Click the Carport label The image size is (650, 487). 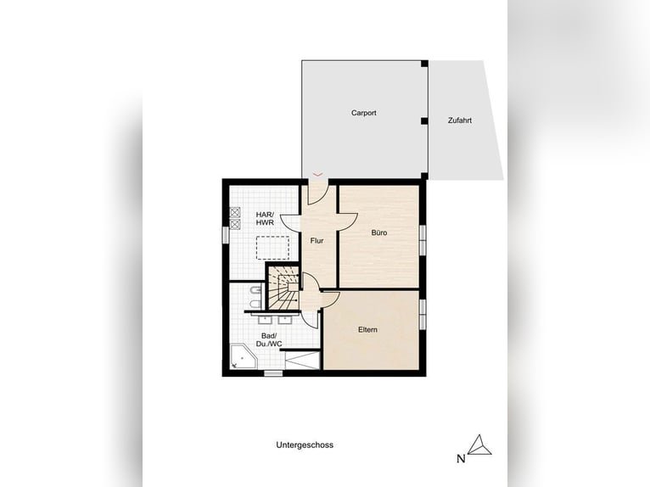pyautogui.click(x=363, y=113)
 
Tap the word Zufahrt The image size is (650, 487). pyautogui.click(x=459, y=120)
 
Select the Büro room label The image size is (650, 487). pyautogui.click(x=379, y=232)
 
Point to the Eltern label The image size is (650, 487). pyautogui.click(x=367, y=329)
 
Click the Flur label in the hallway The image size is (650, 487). pyautogui.click(x=317, y=241)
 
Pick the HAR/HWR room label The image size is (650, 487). pyautogui.click(x=266, y=219)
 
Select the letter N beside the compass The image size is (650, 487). pyautogui.click(x=461, y=459)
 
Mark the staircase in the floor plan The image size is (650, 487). pyautogui.click(x=283, y=288)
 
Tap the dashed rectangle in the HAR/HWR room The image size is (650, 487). pyautogui.click(x=272, y=247)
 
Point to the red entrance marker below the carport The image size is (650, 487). pyautogui.click(x=317, y=174)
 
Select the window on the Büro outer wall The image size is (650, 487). pyautogui.click(x=422, y=238)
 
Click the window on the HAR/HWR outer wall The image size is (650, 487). pyautogui.click(x=225, y=232)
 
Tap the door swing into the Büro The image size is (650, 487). pyautogui.click(x=348, y=220)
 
